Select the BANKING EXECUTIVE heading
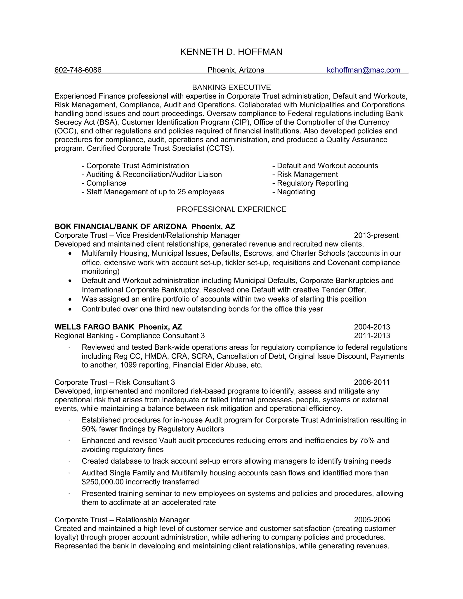coord(231,87)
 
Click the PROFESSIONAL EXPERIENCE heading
coord(231,209)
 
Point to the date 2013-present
coord(376,235)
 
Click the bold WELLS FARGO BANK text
coord(94,327)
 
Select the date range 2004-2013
coord(372,327)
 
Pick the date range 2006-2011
coord(372,382)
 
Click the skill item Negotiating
coord(296,192)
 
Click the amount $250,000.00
coord(103,482)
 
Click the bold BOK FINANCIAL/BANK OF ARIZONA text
coord(121,226)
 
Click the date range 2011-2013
coord(372,336)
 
